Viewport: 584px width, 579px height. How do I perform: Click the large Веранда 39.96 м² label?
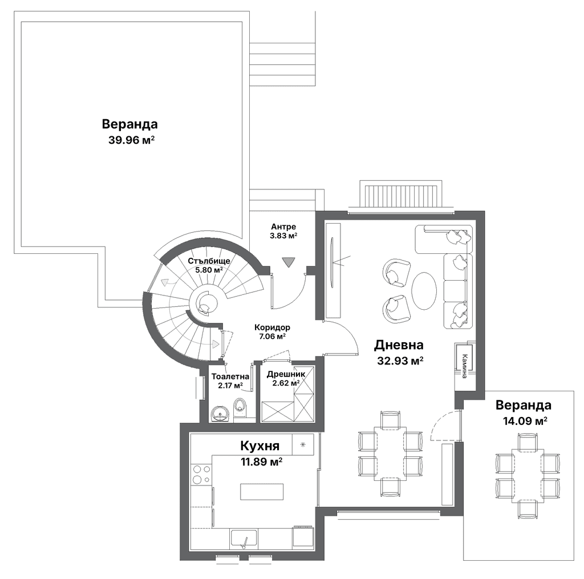(x=130, y=132)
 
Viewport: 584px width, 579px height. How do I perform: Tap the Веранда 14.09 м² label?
(x=524, y=412)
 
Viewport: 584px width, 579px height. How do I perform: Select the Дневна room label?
(x=399, y=345)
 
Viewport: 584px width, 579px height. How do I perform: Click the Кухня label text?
(x=260, y=446)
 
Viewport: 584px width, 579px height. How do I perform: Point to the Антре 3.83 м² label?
(x=284, y=231)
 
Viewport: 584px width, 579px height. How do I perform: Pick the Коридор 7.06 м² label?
(x=272, y=331)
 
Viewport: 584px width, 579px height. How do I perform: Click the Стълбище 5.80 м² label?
(x=209, y=265)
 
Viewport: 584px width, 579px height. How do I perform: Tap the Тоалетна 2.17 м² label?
(x=230, y=381)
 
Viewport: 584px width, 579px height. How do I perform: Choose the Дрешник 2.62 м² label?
(x=286, y=379)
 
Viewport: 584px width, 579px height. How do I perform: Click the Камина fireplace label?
(x=464, y=366)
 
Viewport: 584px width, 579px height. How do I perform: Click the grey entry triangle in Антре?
(x=288, y=262)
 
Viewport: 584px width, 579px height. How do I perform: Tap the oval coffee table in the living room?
(x=424, y=291)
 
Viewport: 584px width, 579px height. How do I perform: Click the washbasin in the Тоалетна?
(x=221, y=414)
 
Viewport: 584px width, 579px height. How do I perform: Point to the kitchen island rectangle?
(x=262, y=492)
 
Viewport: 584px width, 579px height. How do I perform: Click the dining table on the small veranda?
(x=528, y=476)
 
